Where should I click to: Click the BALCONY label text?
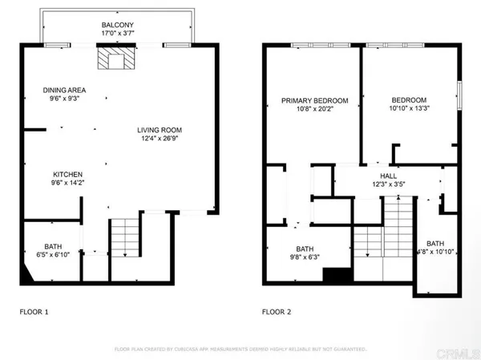(117, 25)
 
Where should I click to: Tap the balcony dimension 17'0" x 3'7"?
(117, 34)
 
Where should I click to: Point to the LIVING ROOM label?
(160, 130)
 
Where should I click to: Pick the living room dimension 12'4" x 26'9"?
(160, 139)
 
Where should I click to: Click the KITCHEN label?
(68, 174)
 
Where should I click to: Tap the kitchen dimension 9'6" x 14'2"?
(68, 183)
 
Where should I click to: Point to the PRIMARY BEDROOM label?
(315, 101)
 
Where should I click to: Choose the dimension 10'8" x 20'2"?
(315, 109)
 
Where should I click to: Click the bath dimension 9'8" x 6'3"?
(305, 257)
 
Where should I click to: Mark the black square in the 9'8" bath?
(333, 275)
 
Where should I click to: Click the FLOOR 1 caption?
(34, 311)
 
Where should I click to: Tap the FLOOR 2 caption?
(277, 311)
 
